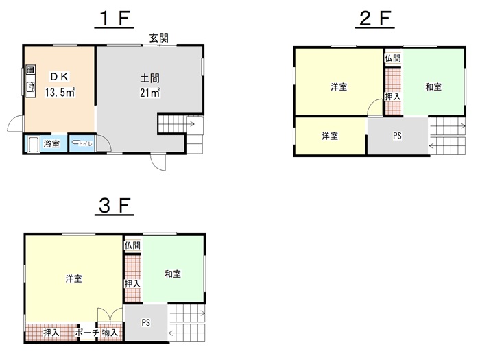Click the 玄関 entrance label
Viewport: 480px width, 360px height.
[159, 38]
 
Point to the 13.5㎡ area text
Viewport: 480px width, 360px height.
[60, 92]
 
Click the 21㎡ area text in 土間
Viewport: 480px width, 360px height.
[150, 93]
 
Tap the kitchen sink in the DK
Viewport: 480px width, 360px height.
[30, 88]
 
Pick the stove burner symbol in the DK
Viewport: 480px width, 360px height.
[30, 69]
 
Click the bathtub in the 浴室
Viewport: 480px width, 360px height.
[33, 144]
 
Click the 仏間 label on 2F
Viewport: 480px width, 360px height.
[393, 58]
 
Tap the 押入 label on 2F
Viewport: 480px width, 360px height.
[393, 97]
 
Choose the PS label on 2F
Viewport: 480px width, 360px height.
[397, 136]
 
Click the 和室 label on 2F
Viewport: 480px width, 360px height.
[433, 87]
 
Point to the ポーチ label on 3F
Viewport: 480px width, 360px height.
[87, 332]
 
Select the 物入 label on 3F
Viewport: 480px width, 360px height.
[110, 332]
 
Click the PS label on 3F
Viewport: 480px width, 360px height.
[145, 322]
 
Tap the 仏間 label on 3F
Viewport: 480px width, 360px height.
[132, 245]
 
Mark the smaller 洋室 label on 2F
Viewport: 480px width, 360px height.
[330, 136]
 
